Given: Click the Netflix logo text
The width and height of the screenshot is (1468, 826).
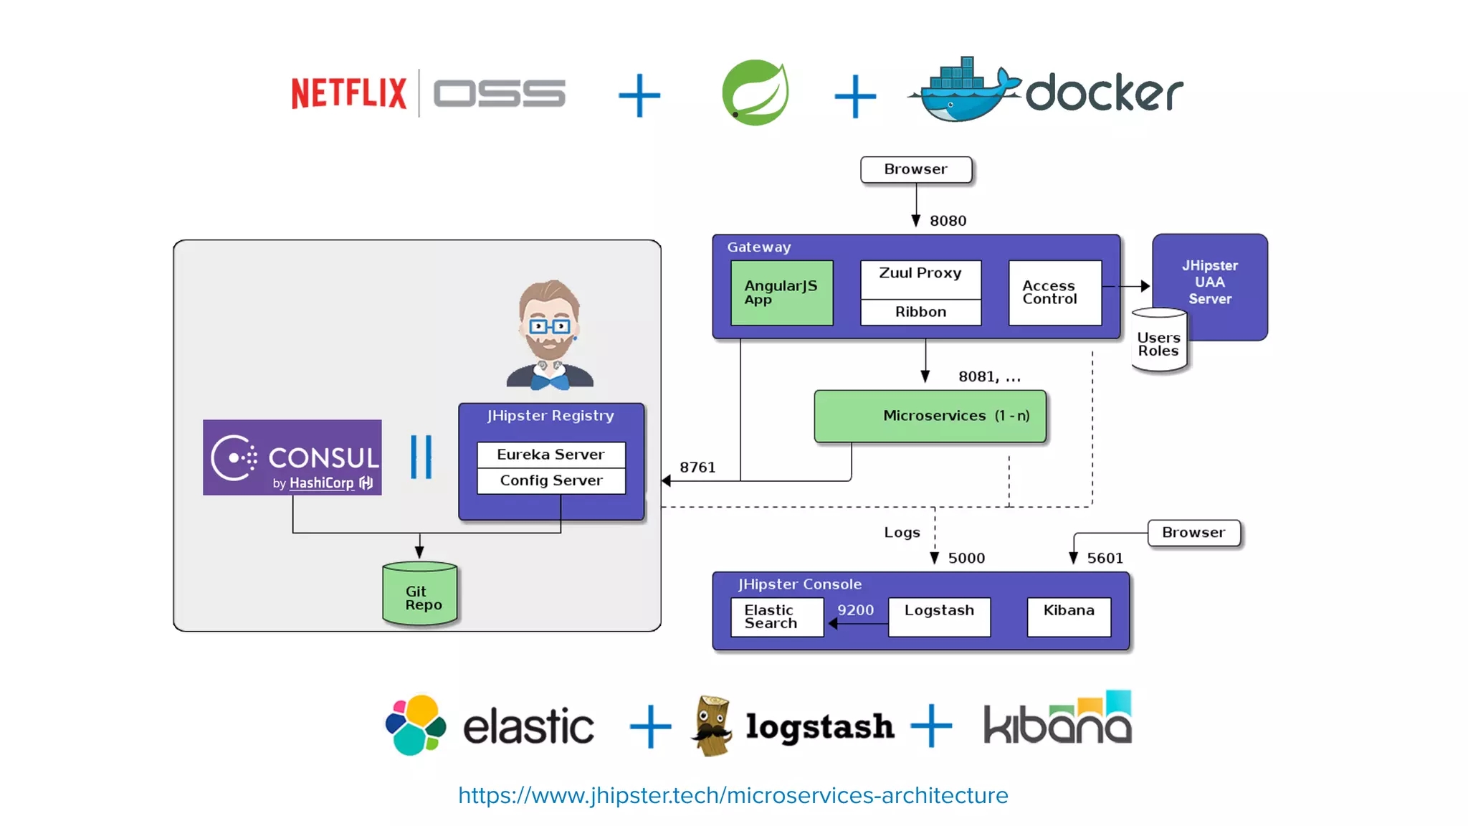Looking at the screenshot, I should click(348, 93).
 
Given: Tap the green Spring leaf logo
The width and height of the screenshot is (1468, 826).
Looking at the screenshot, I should click(755, 93).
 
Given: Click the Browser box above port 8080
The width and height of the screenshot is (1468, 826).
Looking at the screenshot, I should click(915, 170).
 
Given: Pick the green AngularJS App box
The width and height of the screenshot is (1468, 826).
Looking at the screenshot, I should click(781, 293).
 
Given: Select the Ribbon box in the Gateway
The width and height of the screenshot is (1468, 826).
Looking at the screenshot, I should click(920, 313).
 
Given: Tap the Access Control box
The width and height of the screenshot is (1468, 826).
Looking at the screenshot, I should click(1054, 293).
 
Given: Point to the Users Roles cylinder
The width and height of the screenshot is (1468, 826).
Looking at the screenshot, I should click(1158, 343).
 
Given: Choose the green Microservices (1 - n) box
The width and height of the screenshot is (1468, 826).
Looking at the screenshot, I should click(930, 416).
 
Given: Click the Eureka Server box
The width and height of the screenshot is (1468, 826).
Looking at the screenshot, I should click(550, 455).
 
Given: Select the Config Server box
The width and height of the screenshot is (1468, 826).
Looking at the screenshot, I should click(550, 481).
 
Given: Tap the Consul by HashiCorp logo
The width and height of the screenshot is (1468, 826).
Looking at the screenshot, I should click(292, 457).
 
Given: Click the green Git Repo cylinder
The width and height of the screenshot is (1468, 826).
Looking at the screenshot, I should click(420, 595).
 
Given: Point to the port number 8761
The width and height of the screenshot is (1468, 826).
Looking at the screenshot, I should click(697, 467).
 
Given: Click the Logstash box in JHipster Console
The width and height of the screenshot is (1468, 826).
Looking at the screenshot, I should click(939, 617).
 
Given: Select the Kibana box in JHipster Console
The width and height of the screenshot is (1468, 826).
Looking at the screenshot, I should click(1068, 617).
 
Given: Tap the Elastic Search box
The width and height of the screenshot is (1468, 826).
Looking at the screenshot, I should click(776, 617).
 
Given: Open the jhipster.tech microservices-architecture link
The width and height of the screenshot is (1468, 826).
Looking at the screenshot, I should click(733, 795).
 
